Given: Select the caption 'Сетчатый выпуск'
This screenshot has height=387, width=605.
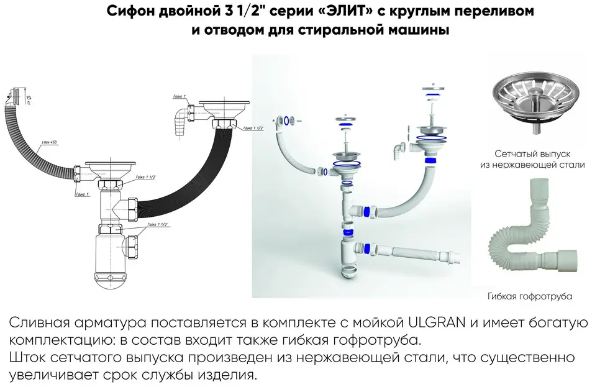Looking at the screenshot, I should [532, 153].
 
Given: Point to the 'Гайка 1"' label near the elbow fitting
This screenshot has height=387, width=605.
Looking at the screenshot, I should [179, 98].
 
